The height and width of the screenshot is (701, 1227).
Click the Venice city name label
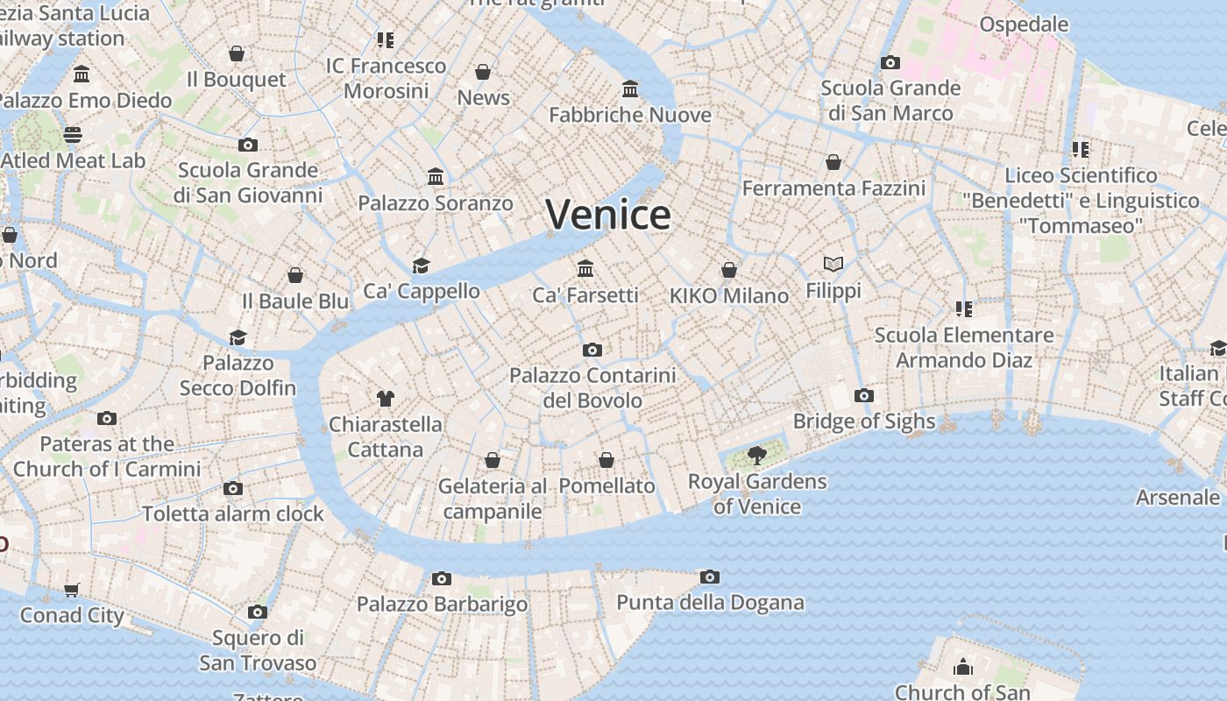point(608,215)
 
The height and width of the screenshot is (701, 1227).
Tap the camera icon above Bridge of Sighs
point(864,395)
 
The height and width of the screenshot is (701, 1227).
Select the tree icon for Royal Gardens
point(756,456)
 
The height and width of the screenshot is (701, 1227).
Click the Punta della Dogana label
point(710,602)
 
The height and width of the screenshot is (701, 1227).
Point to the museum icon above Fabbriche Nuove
point(630,89)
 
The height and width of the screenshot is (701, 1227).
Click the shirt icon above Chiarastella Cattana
point(385,399)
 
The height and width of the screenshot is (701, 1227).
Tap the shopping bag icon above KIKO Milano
point(729,270)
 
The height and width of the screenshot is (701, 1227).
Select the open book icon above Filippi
point(833,264)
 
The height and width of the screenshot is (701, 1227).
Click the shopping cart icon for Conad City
point(72,590)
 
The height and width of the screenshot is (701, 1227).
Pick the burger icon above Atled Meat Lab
point(73,135)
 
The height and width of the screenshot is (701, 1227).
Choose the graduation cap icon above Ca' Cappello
point(422,266)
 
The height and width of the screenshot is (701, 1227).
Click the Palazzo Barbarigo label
point(442,604)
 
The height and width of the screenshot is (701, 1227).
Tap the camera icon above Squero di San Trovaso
point(257,612)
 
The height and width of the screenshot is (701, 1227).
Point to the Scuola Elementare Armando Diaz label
point(964,347)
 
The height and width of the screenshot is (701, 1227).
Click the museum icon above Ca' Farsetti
point(585,269)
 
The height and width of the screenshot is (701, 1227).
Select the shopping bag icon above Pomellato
point(606,460)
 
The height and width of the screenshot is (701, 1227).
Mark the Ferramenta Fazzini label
point(833,188)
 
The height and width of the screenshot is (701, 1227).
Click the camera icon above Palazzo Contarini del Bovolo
point(592,350)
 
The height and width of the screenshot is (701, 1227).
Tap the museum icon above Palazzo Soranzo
point(436,177)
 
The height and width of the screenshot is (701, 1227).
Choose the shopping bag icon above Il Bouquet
point(237,53)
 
